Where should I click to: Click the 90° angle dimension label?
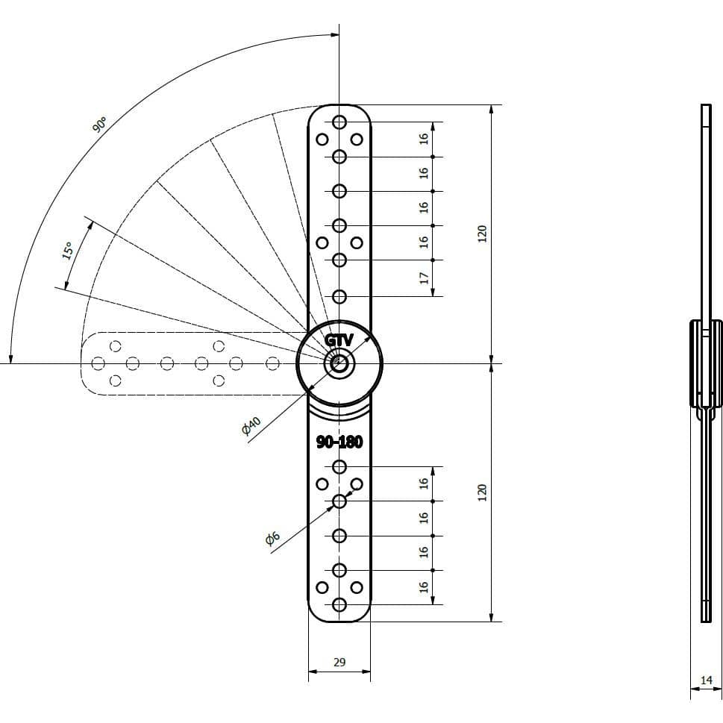(x=100, y=125)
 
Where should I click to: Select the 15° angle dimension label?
(x=68, y=251)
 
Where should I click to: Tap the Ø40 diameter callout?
(x=251, y=425)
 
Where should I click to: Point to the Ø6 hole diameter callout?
(x=273, y=538)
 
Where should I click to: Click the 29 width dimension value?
(x=339, y=662)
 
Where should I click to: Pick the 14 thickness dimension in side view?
(x=707, y=680)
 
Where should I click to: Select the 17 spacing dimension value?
(x=424, y=278)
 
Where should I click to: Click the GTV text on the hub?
(x=339, y=340)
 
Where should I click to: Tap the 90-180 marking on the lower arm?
(x=339, y=442)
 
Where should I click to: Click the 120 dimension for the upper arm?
(x=482, y=234)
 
